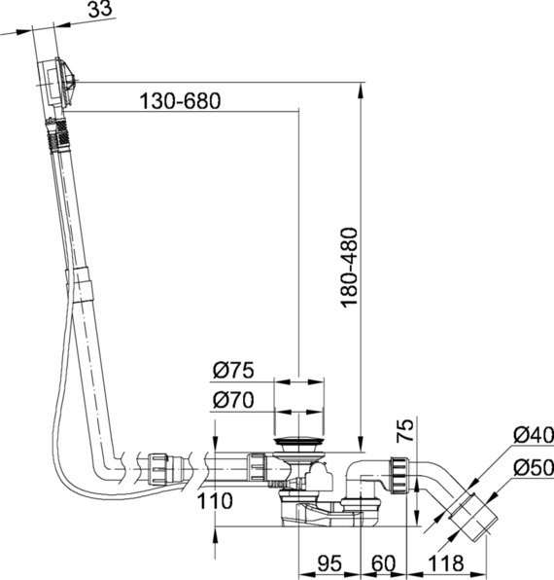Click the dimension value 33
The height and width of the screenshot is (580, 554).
(x=100, y=9)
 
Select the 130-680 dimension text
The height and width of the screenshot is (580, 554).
(x=180, y=101)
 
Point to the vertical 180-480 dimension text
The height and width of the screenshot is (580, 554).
(x=349, y=268)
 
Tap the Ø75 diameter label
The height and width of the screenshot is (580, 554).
(x=233, y=370)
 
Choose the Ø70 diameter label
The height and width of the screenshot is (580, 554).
(x=233, y=400)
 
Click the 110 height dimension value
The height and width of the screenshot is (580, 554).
(x=215, y=501)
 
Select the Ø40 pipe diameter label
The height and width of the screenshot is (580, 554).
(x=534, y=435)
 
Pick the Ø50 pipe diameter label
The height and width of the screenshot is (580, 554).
(x=534, y=467)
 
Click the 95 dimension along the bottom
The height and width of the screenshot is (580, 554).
(x=329, y=563)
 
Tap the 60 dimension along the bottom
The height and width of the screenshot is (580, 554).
(x=383, y=563)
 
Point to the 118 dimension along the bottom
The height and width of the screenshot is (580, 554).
(x=445, y=563)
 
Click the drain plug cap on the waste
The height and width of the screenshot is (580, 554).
(x=298, y=441)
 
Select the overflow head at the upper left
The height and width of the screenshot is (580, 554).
(x=57, y=84)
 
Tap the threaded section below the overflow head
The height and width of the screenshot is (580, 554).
(x=57, y=134)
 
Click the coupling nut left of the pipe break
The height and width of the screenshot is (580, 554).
(x=158, y=469)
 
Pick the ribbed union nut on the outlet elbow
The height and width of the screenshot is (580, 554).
(x=399, y=475)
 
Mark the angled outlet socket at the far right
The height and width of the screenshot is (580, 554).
(x=470, y=515)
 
